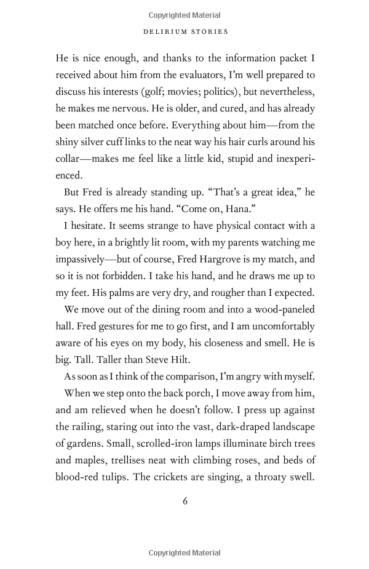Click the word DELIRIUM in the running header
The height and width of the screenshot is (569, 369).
pyautogui.click(x=163, y=31)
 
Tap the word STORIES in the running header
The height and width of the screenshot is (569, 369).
pyautogui.click(x=208, y=31)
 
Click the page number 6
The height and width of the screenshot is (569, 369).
pyautogui.click(x=184, y=501)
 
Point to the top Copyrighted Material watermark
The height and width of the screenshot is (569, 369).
pyautogui.click(x=184, y=15)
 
